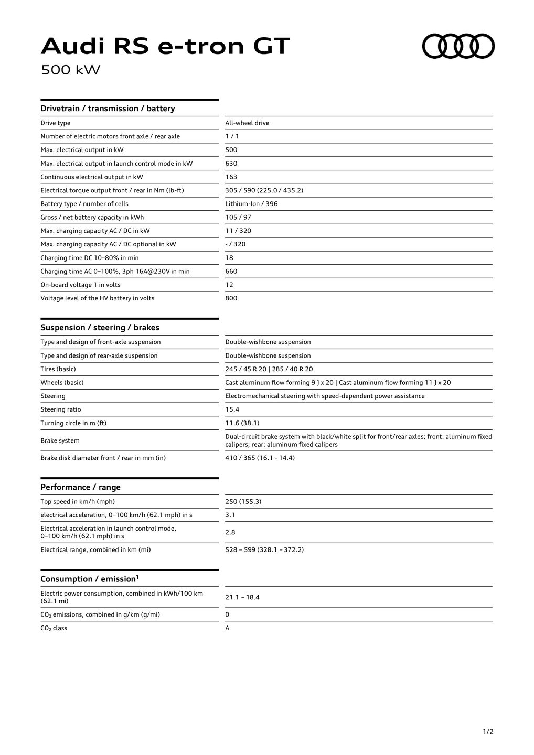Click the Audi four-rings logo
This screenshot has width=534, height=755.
pyautogui.click(x=458, y=46)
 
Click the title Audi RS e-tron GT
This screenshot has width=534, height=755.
pyautogui.click(x=165, y=47)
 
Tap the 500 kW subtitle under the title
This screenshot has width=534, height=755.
pyautogui.click(x=70, y=70)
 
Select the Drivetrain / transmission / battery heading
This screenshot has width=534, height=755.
pyautogui.click(x=108, y=109)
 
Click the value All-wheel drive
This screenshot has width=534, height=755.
pyautogui.click(x=247, y=123)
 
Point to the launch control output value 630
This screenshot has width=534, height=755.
pyautogui.click(x=231, y=164)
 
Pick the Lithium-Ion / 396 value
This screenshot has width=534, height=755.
pyautogui.click(x=251, y=204)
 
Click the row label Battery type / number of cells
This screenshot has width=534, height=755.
pyautogui.click(x=84, y=204)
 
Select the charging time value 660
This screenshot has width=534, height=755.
pyautogui.click(x=231, y=272)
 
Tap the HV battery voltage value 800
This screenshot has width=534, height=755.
pyautogui.click(x=231, y=298)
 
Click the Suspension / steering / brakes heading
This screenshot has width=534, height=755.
pyautogui.click(x=100, y=328)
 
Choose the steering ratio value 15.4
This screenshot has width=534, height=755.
pyautogui.click(x=232, y=409)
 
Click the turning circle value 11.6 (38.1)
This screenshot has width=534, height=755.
pyautogui.click(x=242, y=423)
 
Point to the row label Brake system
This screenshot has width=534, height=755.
pyautogui.click(x=60, y=441)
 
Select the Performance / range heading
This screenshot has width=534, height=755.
pyautogui.click(x=80, y=487)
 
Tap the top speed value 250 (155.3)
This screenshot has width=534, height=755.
pyautogui.click(x=243, y=502)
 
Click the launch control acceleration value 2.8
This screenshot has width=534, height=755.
pyautogui.click(x=230, y=532)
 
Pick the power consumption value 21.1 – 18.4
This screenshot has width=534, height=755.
pyautogui.click(x=242, y=597)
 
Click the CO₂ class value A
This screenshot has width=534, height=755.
pyautogui.click(x=227, y=628)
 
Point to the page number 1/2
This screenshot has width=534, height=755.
pyautogui.click(x=488, y=731)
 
